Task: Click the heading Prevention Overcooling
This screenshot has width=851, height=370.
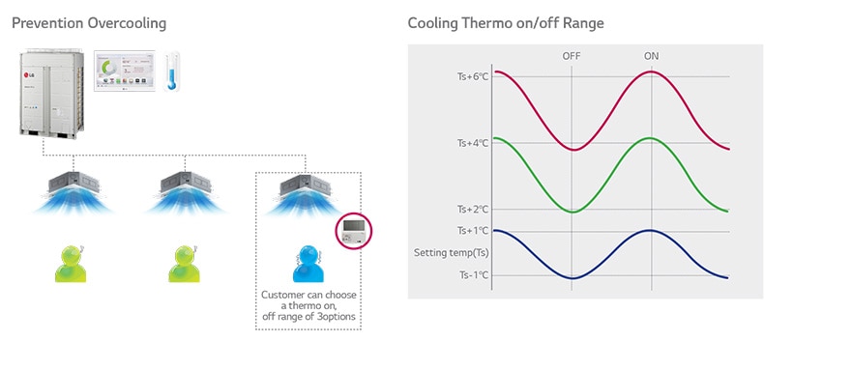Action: coord(89,22)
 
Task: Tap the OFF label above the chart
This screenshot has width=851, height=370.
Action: coord(572,56)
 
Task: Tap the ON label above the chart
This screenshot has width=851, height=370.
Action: coord(651,56)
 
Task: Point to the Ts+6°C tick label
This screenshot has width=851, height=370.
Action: coord(472,76)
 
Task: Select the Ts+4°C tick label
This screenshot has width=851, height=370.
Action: coord(472,143)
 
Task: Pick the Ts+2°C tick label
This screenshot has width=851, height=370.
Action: coord(472,209)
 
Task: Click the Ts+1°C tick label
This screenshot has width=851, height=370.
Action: coord(472,231)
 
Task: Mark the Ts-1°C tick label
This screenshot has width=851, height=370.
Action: coord(472,275)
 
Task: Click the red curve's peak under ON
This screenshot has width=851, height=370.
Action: coord(651,71)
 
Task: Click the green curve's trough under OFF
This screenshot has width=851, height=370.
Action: coord(572,212)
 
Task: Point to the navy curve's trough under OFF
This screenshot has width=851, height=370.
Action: coord(572,278)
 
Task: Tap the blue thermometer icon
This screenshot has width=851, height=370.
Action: coord(172,71)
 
